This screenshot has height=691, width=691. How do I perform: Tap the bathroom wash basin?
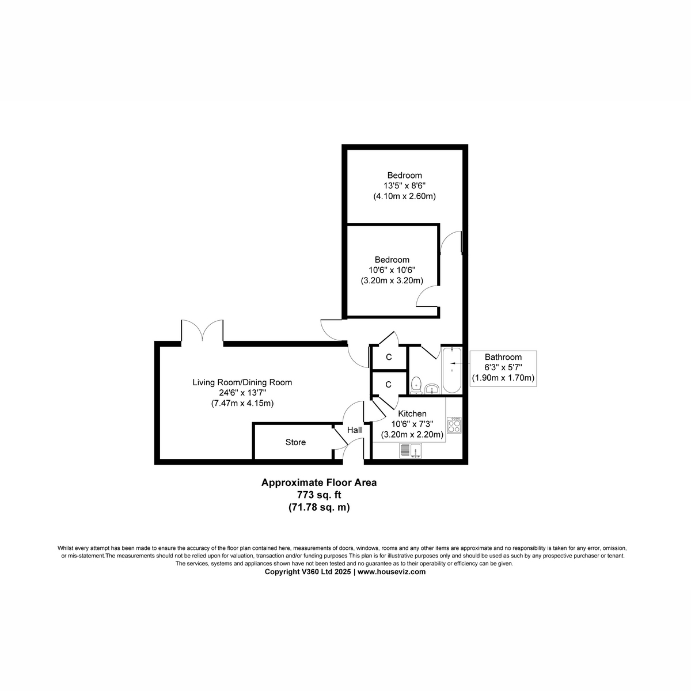tap(432, 389)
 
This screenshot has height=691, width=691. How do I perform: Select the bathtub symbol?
tap(452, 370)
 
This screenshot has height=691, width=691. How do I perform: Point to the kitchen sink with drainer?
tap(411, 450)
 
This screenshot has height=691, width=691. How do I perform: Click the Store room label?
tap(295, 442)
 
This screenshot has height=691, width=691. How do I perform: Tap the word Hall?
tap(354, 430)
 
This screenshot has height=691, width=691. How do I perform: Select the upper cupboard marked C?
tap(389, 357)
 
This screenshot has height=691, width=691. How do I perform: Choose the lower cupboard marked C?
tap(389, 384)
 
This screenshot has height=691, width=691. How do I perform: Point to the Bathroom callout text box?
tap(503, 368)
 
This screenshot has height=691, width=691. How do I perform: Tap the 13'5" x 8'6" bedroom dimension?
tap(404, 185)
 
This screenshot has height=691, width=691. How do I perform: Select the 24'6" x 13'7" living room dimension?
tap(242, 393)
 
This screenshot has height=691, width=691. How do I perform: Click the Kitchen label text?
tap(412, 413)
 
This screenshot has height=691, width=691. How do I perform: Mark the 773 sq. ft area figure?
tap(319, 495)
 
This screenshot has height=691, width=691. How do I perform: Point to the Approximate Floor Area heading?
tap(319, 483)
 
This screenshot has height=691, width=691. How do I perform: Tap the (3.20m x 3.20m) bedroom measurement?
tap(392, 280)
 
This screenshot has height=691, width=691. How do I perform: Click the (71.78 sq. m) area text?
tap(319, 507)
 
